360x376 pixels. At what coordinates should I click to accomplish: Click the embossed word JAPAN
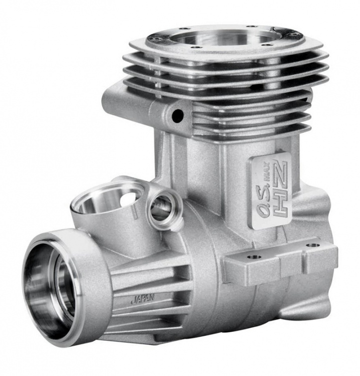coord(143,299)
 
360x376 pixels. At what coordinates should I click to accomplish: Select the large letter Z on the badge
coord(281,173)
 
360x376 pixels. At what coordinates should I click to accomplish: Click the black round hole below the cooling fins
coord(178,115)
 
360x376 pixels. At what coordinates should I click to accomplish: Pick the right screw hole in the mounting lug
coord(313,245)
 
